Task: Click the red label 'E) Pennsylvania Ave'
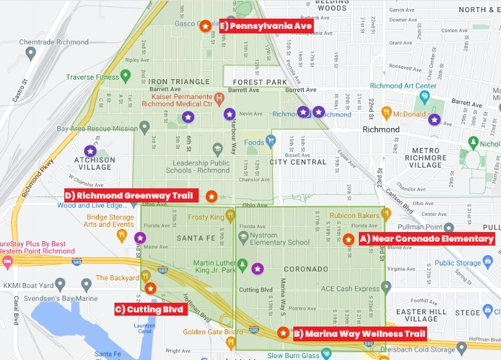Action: tap(266, 26)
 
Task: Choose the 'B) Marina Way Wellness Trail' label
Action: tap(359, 334)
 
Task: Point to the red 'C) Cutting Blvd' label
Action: tap(150, 309)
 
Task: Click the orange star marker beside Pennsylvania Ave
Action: tap(205, 26)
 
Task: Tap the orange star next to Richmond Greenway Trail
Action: tap(211, 196)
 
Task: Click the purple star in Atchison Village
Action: tap(90, 151)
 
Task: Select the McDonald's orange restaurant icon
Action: tap(387, 113)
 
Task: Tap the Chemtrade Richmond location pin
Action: tap(30, 53)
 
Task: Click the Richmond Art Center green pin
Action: tap(424, 97)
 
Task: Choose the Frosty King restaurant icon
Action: tap(230, 215)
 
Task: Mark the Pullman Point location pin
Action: tap(449, 228)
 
